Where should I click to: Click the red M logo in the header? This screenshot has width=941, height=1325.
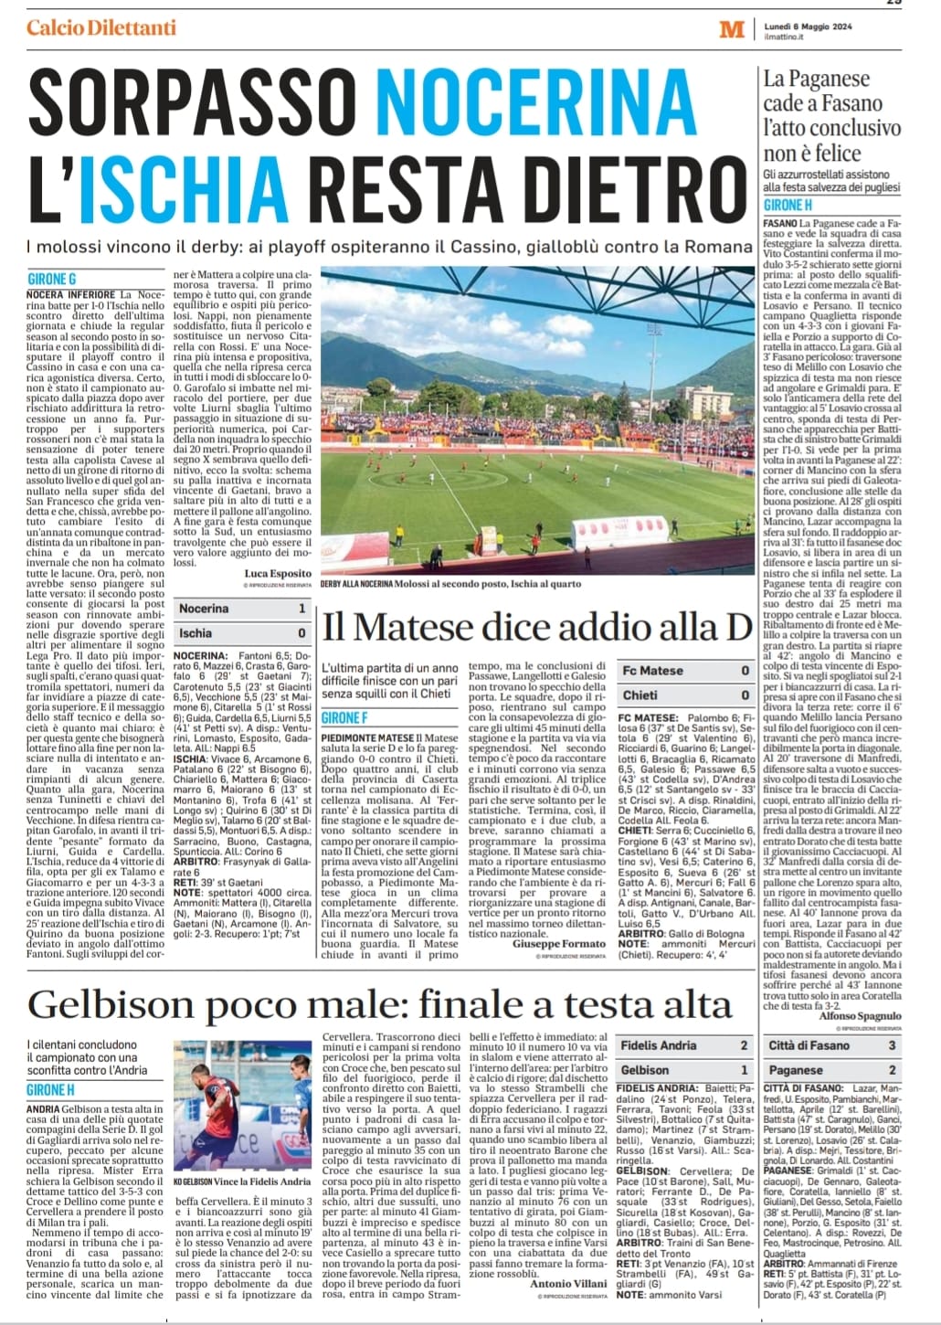(732, 29)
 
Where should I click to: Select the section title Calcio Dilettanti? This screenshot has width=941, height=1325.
(101, 27)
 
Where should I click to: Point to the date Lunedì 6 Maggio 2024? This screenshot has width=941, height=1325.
(809, 26)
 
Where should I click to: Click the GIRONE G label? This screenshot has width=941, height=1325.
(52, 279)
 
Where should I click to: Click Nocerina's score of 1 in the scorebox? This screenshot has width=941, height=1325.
(301, 609)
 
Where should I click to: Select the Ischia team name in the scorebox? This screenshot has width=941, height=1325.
(196, 632)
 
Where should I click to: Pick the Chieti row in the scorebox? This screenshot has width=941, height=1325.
(679, 695)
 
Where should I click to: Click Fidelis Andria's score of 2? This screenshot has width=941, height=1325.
(744, 1045)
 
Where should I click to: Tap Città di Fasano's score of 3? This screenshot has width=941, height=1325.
(892, 1045)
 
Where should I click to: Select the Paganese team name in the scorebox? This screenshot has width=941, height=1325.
(796, 1070)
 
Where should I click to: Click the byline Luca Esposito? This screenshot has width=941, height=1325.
(278, 574)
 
